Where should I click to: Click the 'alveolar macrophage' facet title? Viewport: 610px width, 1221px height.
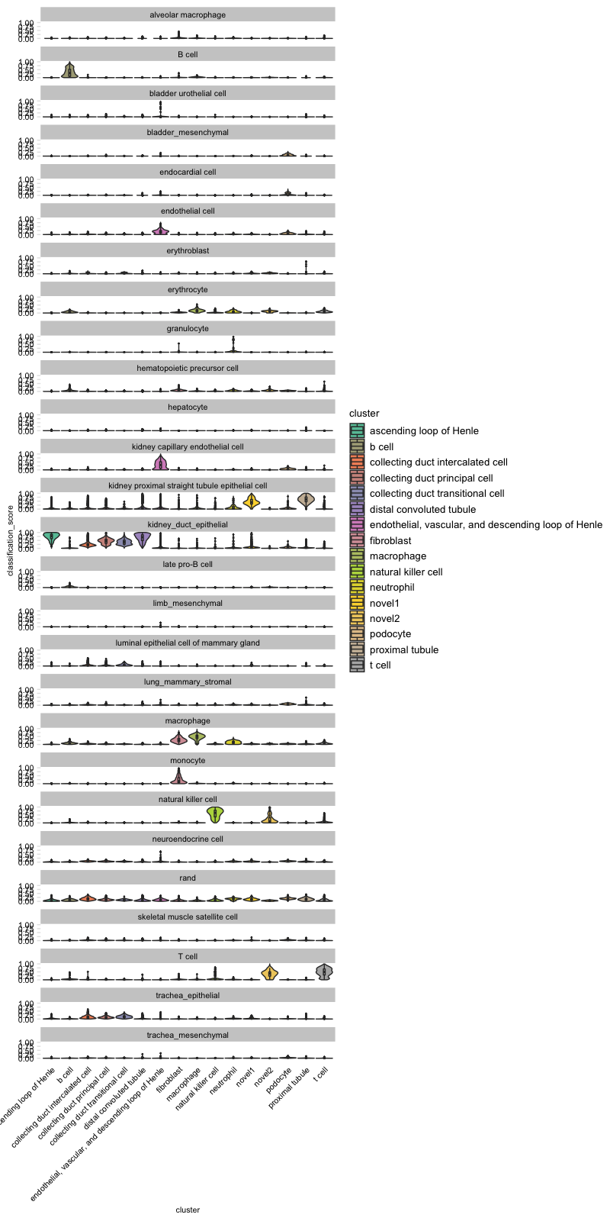[x=188, y=15]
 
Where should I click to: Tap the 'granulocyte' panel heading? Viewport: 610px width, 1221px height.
[x=188, y=329]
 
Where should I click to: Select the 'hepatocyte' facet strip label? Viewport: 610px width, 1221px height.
[x=188, y=408]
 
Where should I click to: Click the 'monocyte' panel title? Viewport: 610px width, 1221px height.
[x=188, y=761]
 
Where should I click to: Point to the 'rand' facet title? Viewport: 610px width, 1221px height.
[x=188, y=878]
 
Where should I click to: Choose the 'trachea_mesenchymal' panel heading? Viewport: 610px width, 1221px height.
[x=188, y=1036]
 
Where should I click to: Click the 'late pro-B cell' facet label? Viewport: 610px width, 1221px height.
[x=188, y=565]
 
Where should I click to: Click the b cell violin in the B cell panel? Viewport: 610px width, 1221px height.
[x=69, y=70]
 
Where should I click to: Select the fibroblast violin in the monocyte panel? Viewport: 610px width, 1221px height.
[x=178, y=777]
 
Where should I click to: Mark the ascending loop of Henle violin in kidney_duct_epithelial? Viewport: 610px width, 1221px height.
[x=51, y=539]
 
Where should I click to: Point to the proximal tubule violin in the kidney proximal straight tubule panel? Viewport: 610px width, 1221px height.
[x=306, y=500]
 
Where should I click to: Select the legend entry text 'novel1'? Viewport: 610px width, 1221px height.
[x=384, y=603]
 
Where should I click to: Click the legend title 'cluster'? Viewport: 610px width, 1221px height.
[x=364, y=414]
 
